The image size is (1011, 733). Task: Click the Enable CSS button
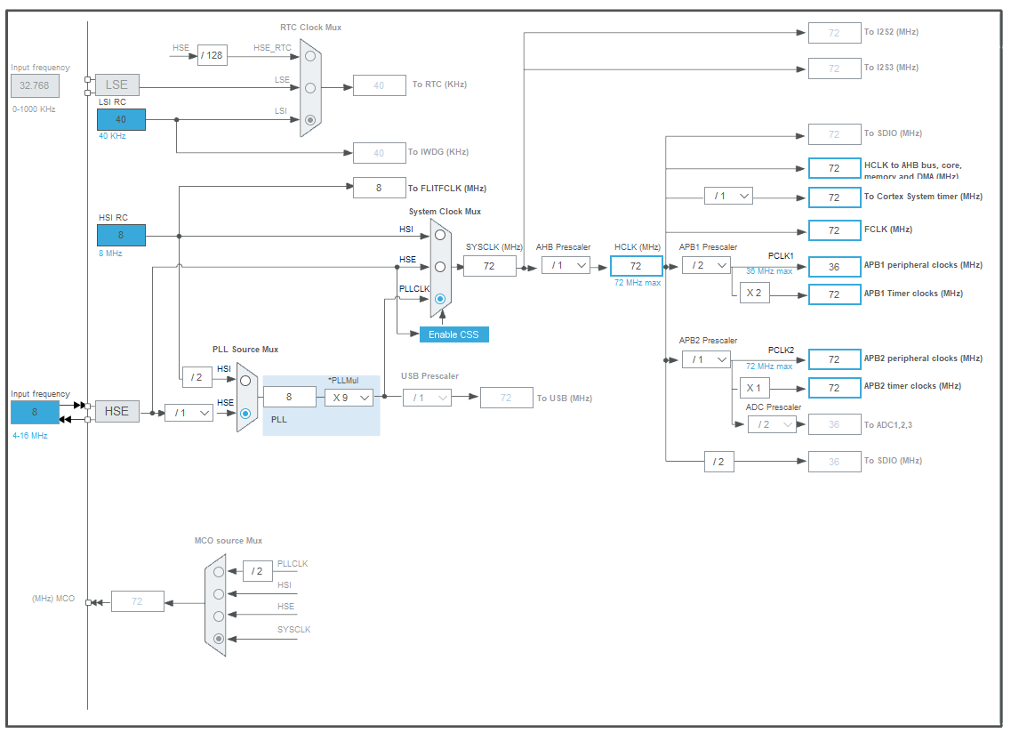coord(454,334)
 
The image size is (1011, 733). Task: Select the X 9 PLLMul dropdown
coord(349,398)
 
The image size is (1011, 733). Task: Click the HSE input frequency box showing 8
coord(35,412)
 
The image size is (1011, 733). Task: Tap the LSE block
coord(116,85)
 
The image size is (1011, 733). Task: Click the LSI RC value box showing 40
coord(121,119)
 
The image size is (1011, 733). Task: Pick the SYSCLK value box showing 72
coord(489,265)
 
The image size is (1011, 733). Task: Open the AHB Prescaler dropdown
coord(566,265)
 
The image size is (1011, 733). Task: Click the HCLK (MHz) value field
coord(636,265)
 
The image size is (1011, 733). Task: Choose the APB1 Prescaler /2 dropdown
coord(706,265)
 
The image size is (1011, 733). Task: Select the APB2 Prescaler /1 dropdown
coord(706,359)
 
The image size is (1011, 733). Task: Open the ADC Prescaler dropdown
coord(772,424)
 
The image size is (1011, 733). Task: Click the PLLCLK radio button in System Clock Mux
coord(440,299)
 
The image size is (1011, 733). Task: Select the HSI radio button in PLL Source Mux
coord(245,380)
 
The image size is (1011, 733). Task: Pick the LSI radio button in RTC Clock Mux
coord(310,119)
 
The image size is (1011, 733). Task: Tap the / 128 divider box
coord(213,56)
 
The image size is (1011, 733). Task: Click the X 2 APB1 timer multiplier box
coord(754,294)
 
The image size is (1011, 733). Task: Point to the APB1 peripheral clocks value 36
coord(834,266)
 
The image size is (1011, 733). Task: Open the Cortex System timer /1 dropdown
coord(728,196)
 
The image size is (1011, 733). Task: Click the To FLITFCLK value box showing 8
coord(379,188)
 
